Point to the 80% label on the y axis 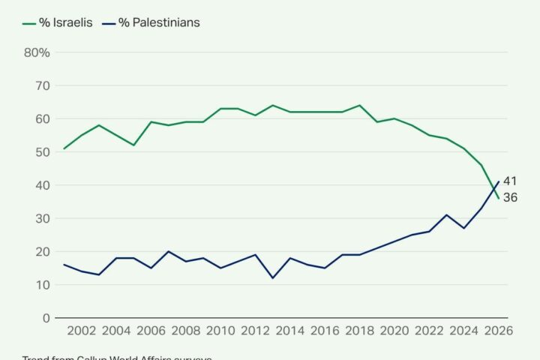pos(37,52)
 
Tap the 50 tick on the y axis pos(43,152)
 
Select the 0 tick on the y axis pos(46,318)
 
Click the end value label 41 pos(510,181)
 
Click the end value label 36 pos(510,198)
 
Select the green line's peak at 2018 pos(360,106)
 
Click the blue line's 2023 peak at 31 pos(446,215)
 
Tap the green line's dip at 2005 pos(135,145)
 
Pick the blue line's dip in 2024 pos(463,228)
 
